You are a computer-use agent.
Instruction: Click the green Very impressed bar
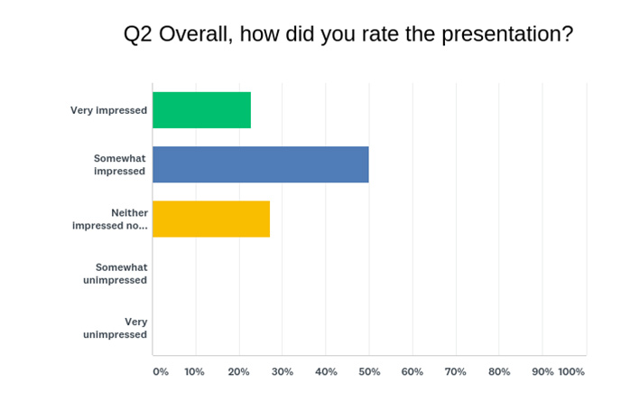pos(201,110)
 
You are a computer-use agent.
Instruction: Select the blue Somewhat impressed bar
pos(261,164)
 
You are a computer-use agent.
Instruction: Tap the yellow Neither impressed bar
pos(211,219)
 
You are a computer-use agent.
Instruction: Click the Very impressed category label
pos(108,110)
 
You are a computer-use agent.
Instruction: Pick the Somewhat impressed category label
pos(120,164)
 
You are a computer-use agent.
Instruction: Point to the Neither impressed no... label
pos(110,219)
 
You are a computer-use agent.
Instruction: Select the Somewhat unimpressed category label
pos(115,274)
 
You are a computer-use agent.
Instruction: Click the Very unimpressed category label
pos(115,328)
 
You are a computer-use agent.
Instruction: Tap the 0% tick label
pos(161,372)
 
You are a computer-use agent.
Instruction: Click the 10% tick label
pos(194,372)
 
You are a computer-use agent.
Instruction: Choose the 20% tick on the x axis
pos(238,372)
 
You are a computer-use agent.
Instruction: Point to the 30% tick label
pos(283,372)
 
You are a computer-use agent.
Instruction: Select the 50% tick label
pos(369,372)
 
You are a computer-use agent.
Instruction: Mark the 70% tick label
pos(456,372)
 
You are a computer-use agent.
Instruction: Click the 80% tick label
pos(499,372)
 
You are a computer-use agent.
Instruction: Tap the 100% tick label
pos(571,372)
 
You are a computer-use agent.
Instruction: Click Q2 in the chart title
pos(138,34)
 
